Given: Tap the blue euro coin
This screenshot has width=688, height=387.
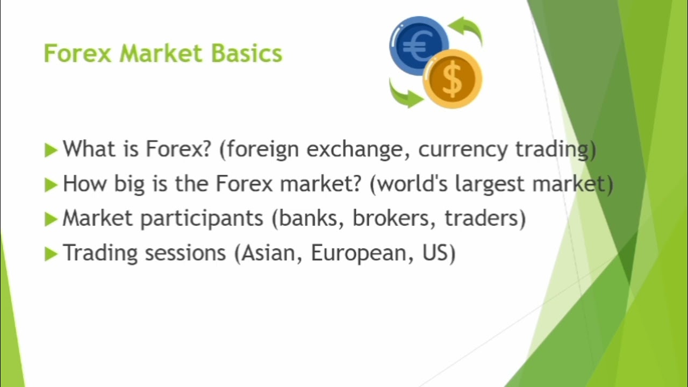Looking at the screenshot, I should click(418, 45).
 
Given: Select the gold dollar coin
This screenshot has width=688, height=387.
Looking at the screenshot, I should click(453, 79).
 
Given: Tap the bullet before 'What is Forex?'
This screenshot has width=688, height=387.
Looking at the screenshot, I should click(51, 150).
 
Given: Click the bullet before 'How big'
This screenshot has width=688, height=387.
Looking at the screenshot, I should click(51, 185).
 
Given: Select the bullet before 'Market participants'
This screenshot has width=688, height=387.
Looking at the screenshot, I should click(51, 219).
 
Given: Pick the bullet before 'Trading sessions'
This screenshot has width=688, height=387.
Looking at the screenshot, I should click(51, 253).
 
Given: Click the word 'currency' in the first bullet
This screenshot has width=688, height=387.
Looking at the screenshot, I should click(463, 150).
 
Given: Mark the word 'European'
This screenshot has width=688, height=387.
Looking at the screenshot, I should click(355, 253).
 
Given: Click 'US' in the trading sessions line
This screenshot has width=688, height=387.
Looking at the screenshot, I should click(438, 253).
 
